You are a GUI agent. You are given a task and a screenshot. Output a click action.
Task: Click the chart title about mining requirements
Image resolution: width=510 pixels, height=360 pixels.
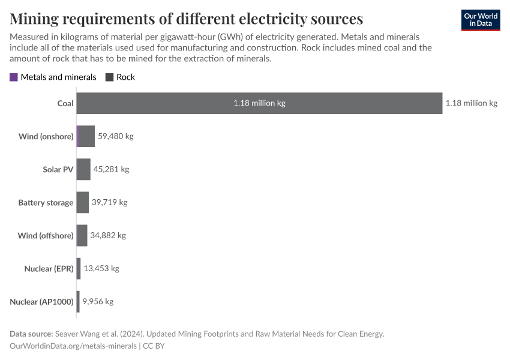(186, 18)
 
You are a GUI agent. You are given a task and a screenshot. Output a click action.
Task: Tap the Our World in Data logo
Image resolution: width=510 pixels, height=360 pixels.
(480, 20)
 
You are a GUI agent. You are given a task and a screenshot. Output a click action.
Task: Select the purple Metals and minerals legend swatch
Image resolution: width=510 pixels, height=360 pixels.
(14, 77)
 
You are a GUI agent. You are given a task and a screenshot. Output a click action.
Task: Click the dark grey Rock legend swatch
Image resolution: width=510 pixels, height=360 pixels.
(110, 77)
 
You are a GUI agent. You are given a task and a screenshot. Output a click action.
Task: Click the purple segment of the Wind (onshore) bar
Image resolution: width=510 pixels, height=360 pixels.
(78, 136)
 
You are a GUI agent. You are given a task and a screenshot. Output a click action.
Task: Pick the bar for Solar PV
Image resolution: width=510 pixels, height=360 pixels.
(83, 169)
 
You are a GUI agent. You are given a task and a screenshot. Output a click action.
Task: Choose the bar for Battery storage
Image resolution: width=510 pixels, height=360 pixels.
(83, 202)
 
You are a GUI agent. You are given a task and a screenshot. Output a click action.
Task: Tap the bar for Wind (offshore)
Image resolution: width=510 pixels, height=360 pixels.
(82, 235)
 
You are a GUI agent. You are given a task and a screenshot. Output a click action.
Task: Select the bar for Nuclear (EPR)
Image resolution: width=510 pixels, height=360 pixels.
(79, 268)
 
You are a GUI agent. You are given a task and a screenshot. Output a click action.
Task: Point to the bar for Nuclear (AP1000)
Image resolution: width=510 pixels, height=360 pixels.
(78, 301)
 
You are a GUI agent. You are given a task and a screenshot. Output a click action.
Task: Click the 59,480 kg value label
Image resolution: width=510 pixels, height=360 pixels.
(115, 136)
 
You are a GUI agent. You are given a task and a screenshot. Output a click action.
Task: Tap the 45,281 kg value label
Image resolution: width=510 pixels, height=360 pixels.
(111, 169)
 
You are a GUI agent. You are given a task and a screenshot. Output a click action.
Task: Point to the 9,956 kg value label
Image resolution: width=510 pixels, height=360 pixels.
(98, 301)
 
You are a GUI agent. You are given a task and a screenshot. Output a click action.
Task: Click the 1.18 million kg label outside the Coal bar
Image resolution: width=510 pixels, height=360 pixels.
(471, 103)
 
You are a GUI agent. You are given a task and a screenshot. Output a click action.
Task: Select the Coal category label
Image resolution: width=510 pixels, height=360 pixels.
(65, 103)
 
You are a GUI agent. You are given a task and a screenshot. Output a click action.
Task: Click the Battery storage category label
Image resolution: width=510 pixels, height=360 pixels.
(46, 202)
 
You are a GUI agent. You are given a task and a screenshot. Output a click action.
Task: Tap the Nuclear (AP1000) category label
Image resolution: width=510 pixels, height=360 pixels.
(41, 301)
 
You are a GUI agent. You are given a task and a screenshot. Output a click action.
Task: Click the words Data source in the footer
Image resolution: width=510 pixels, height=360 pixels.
(31, 334)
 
